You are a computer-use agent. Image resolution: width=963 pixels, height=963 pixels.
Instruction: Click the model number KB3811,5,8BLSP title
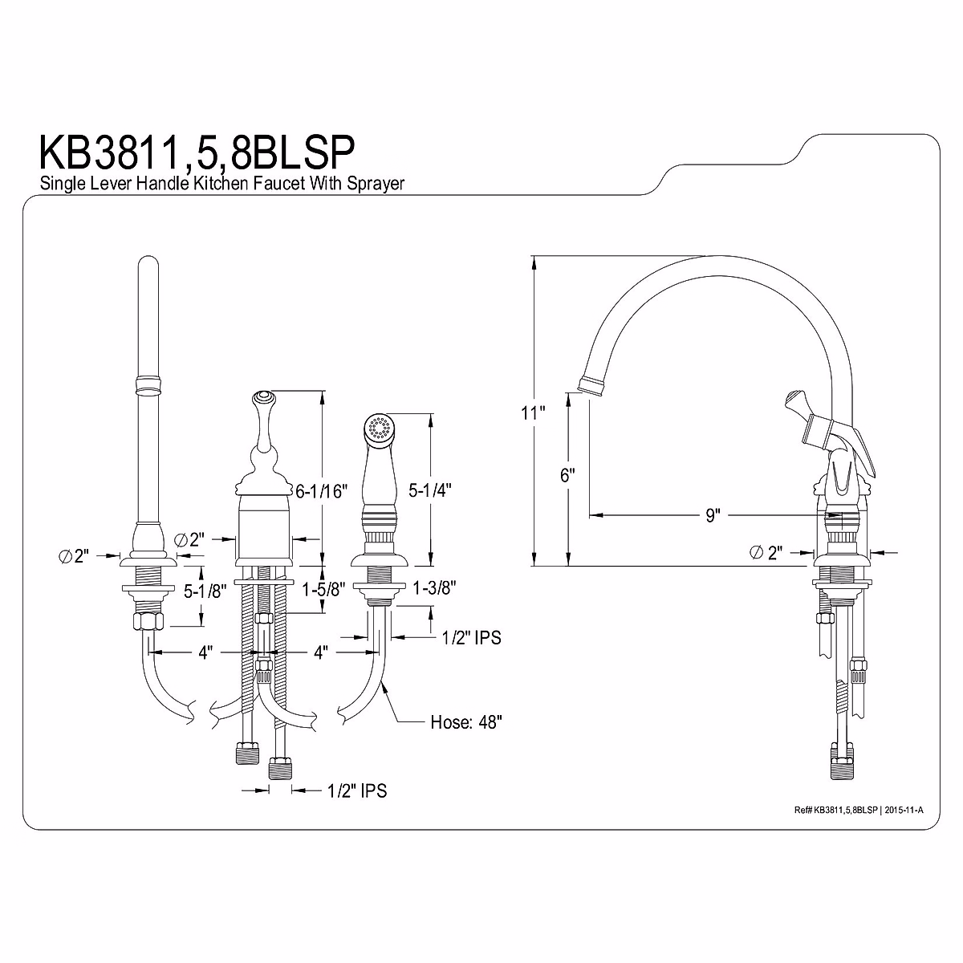click(x=197, y=153)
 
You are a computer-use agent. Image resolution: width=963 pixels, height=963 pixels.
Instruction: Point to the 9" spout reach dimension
click(x=713, y=515)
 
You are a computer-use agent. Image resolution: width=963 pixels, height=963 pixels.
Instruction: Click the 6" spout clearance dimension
click(x=567, y=475)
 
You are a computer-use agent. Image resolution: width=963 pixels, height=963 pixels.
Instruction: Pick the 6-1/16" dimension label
click(x=321, y=491)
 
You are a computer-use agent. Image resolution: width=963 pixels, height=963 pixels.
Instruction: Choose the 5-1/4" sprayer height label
click(x=430, y=491)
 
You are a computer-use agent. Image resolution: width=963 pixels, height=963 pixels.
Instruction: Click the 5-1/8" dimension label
click(x=205, y=591)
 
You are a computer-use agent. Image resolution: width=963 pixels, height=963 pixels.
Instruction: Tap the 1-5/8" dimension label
click(x=324, y=590)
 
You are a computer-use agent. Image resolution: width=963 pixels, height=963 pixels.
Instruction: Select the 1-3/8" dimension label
click(x=434, y=588)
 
